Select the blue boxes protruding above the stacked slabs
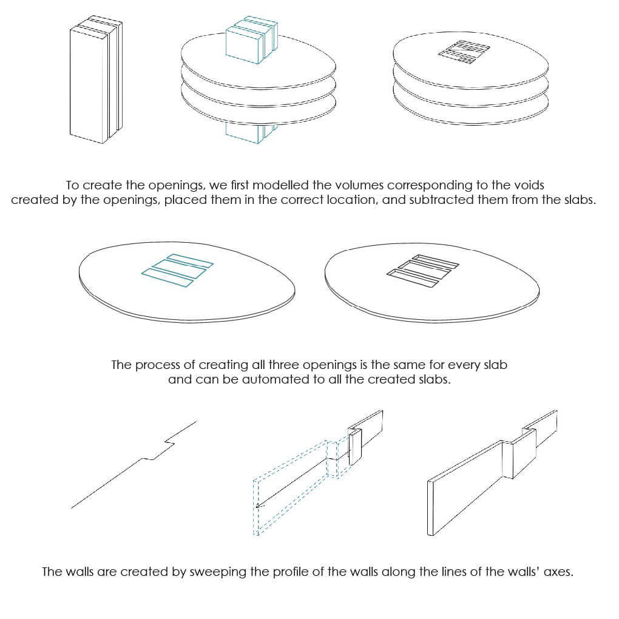pyautogui.click(x=251, y=41)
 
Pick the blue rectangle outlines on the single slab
pyautogui.click(x=177, y=270)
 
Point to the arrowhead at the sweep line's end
pyautogui.click(x=258, y=505)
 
